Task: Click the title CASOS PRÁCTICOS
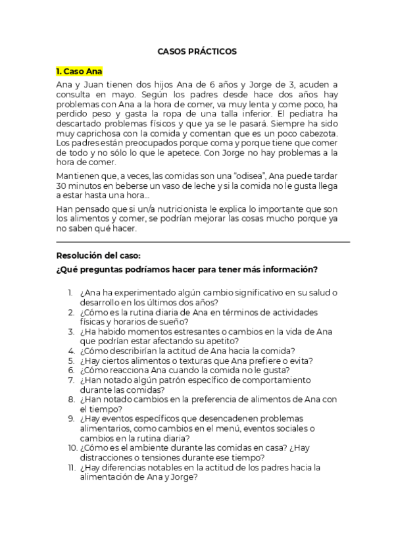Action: [x=197, y=51]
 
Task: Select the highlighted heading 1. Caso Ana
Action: [x=79, y=71]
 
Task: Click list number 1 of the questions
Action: [x=70, y=292]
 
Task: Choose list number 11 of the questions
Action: [x=70, y=468]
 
